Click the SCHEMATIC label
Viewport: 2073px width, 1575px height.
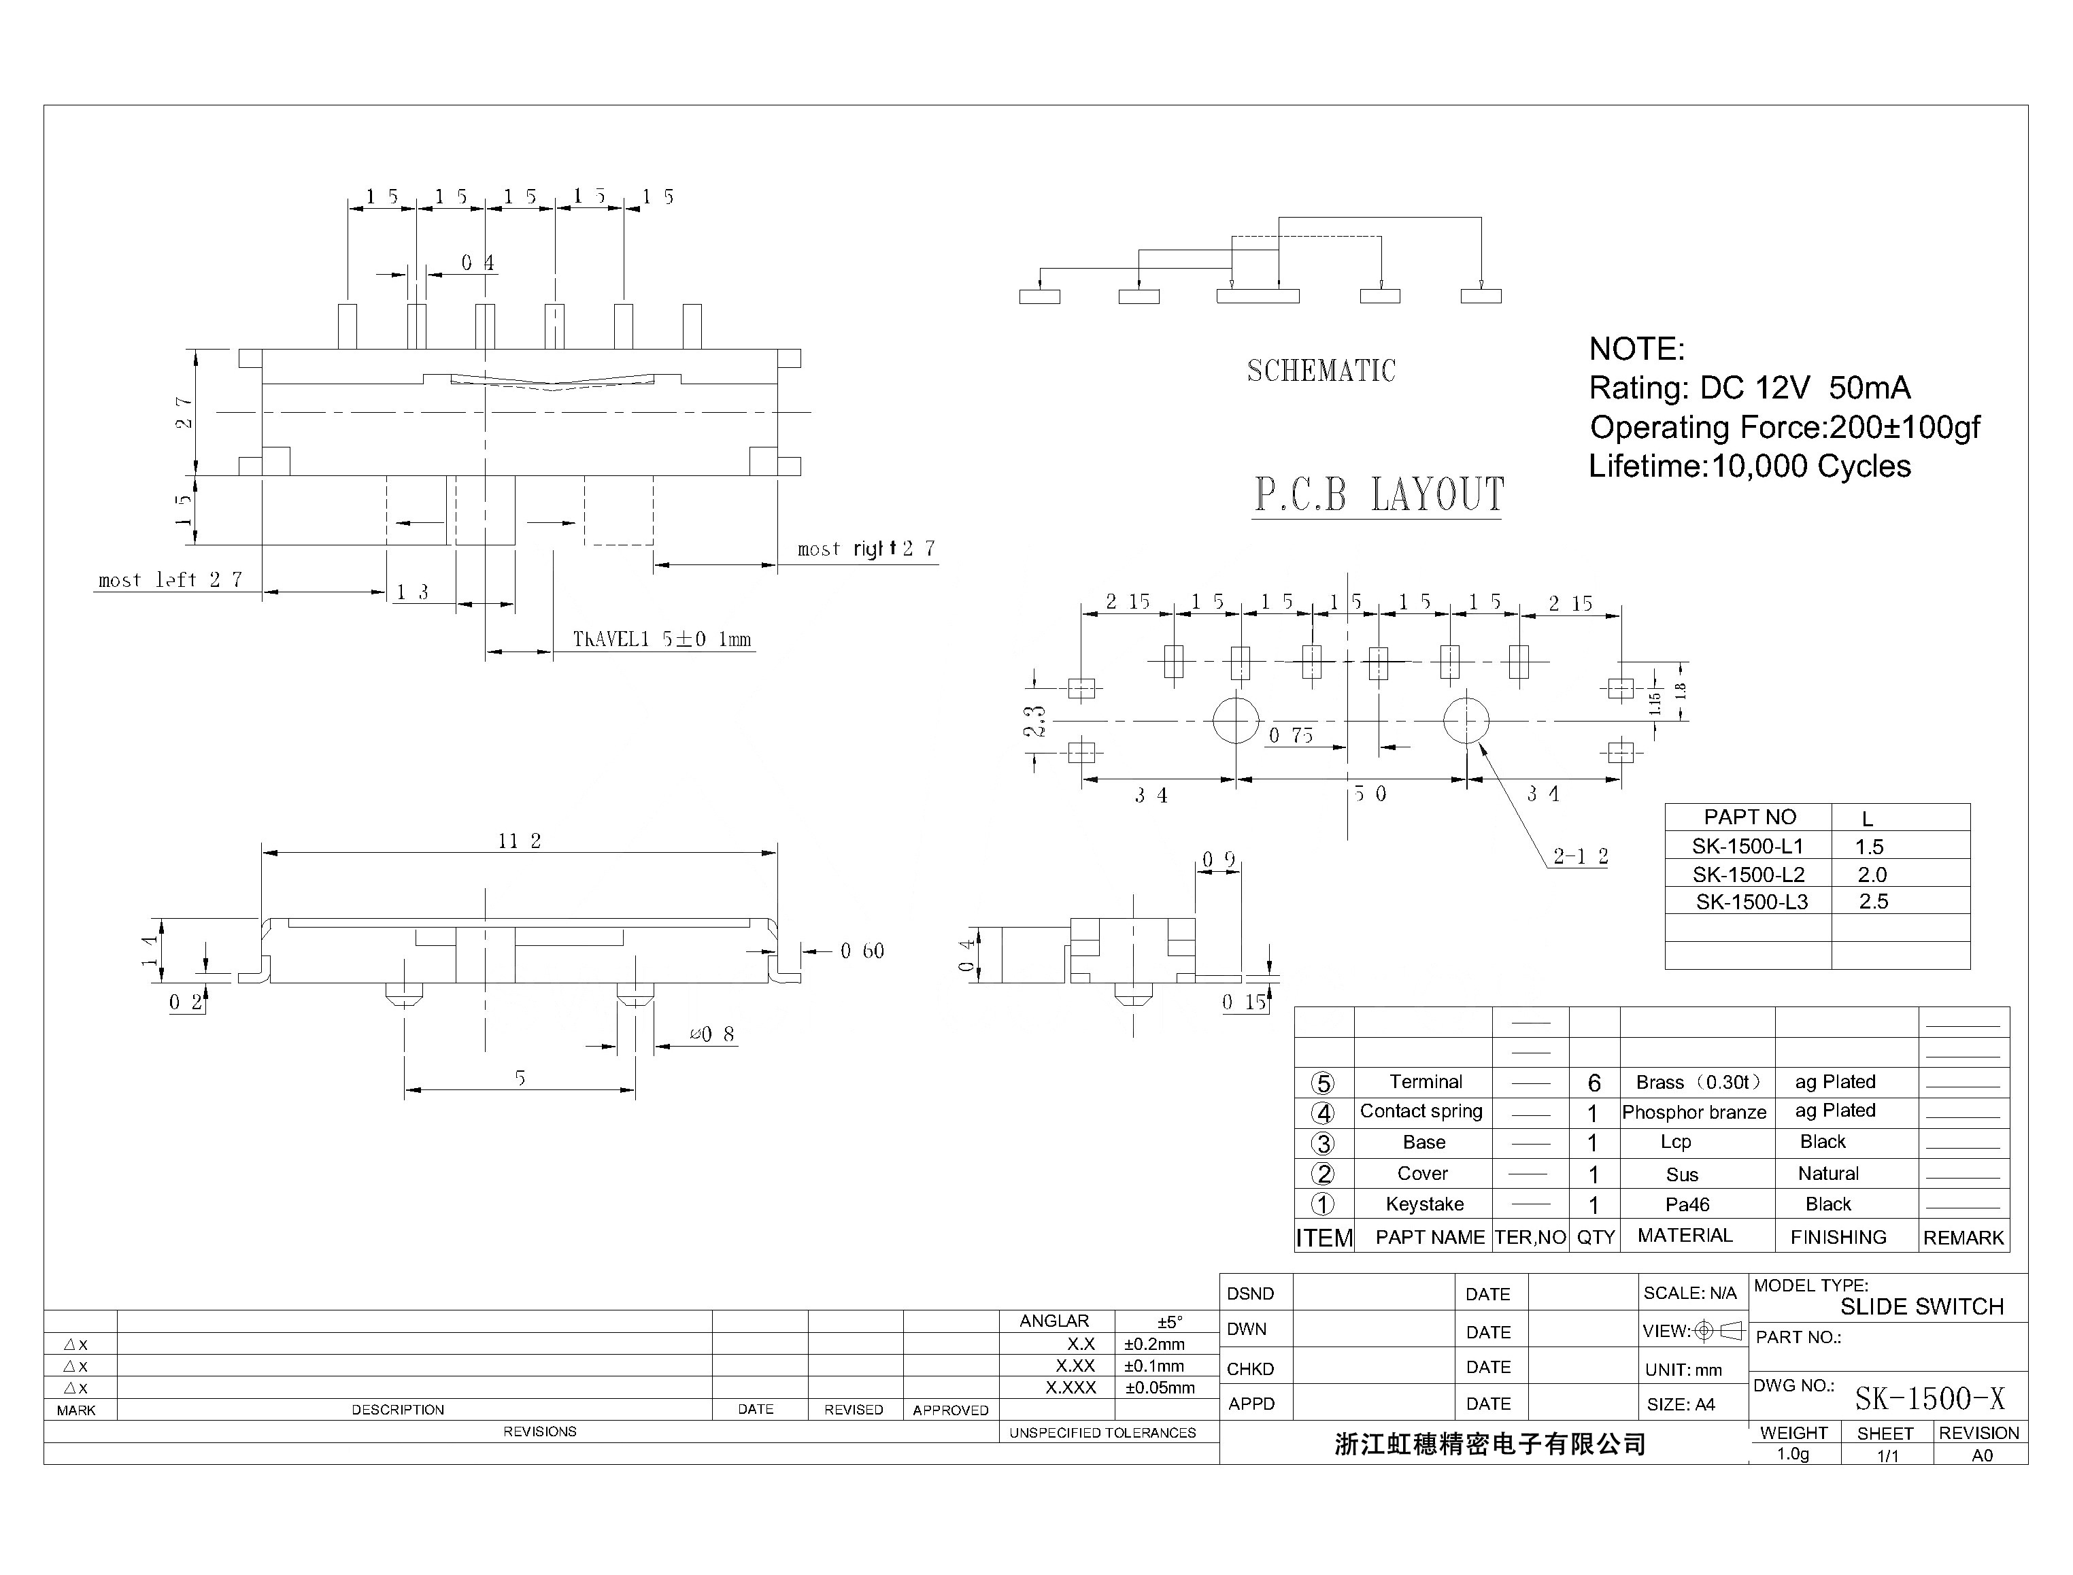tap(1320, 371)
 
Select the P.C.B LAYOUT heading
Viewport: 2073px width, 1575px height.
tap(1378, 494)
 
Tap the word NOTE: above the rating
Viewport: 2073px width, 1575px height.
tap(1636, 349)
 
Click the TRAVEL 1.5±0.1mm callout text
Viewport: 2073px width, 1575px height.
tap(662, 639)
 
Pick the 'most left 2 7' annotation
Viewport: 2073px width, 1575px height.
tap(171, 580)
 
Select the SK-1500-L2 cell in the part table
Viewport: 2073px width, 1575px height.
tap(1748, 875)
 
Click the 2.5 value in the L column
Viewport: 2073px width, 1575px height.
tap(1873, 902)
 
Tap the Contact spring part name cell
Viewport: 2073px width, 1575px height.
tap(1421, 1112)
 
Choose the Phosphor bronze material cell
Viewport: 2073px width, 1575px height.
tap(1694, 1113)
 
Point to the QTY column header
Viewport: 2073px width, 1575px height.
tap(1596, 1238)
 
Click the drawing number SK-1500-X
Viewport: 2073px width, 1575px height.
tap(1929, 1399)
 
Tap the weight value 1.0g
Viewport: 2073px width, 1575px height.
tap(1793, 1454)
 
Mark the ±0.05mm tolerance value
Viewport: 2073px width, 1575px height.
tap(1160, 1387)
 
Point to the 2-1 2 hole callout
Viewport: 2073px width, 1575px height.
tap(1581, 856)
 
